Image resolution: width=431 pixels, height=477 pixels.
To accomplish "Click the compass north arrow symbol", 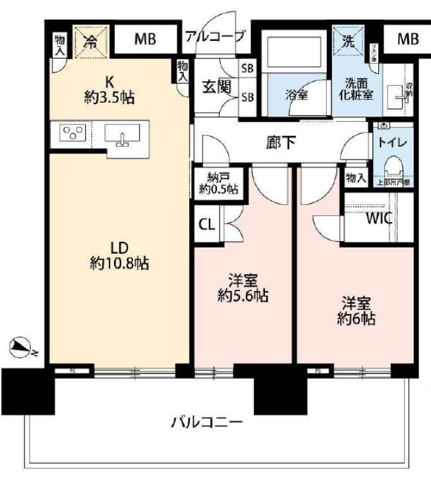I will [x=19, y=345].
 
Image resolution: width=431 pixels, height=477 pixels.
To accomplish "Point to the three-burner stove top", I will [x=71, y=134].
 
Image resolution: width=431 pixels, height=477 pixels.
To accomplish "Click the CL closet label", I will [x=206, y=224].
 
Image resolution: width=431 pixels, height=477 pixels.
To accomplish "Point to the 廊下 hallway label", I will [x=281, y=141].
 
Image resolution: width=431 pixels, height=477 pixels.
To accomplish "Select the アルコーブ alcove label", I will [x=215, y=36].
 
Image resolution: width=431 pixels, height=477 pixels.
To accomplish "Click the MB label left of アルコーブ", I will [x=145, y=40].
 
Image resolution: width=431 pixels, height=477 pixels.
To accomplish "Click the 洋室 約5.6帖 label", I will [x=243, y=288].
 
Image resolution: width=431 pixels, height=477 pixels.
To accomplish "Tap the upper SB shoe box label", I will [x=248, y=69].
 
